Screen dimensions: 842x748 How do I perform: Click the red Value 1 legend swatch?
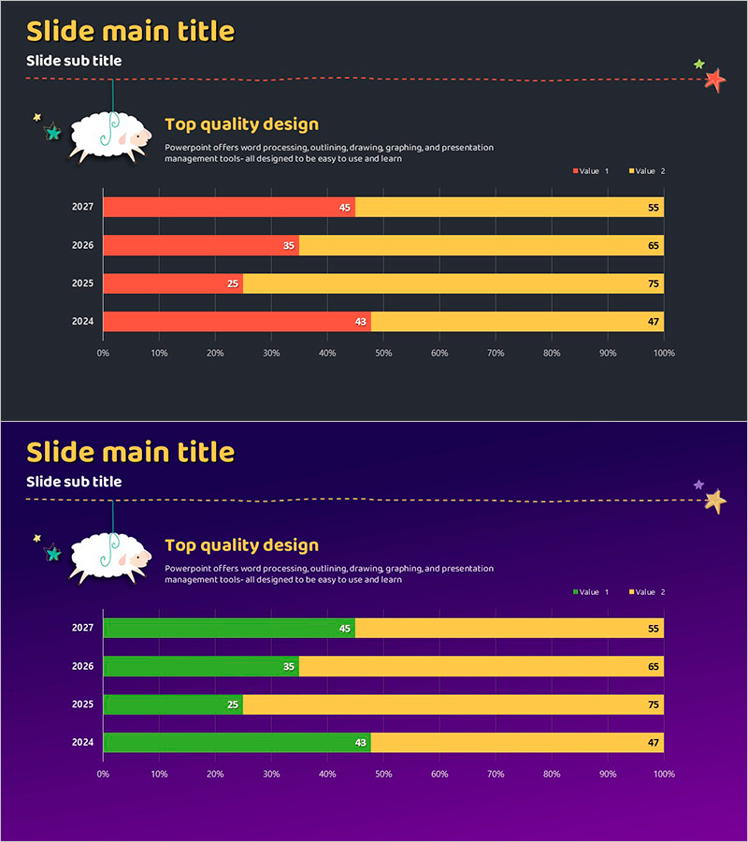point(575,171)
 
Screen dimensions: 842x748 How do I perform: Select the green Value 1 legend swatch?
point(575,592)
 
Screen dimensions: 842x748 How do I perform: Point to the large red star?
point(715,80)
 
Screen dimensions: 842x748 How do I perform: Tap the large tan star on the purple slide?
point(715,501)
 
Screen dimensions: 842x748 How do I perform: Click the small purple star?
point(698,485)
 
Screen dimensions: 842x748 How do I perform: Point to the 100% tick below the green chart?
point(664,774)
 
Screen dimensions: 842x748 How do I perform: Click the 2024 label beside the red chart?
point(82,321)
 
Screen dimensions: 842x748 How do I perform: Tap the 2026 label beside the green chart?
point(82,666)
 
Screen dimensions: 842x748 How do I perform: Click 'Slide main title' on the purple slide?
point(130,452)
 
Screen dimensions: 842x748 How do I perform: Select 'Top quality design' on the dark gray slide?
point(241,123)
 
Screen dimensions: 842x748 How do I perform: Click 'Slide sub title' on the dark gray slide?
point(74,61)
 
